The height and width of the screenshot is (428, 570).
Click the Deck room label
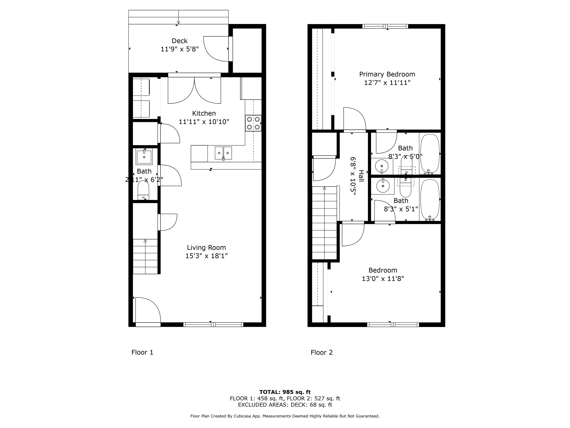point(180,41)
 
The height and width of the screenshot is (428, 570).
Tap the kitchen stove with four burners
point(253,123)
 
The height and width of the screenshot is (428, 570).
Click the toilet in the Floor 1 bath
point(144,190)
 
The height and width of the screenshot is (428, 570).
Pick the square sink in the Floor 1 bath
point(144,157)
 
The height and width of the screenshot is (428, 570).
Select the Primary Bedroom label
point(387,74)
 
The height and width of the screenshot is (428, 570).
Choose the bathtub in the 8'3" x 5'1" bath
point(430,200)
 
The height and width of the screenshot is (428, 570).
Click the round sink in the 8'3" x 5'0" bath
point(382,166)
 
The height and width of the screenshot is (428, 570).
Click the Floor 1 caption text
point(142,352)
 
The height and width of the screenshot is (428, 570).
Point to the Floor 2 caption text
point(322,352)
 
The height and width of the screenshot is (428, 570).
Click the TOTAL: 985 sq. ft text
point(285,392)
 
